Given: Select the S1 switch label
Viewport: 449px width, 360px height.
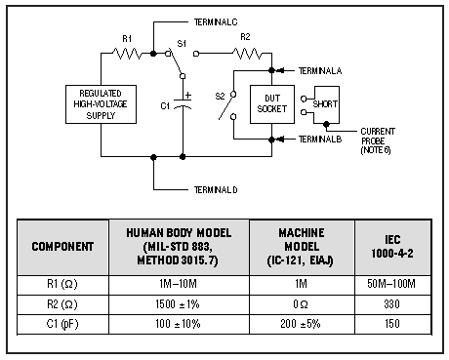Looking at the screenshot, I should tap(181, 44).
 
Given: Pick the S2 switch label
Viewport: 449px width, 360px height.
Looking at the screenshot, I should tap(220, 95).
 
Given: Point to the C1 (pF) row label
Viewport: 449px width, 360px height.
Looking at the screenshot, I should tap(63, 324).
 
